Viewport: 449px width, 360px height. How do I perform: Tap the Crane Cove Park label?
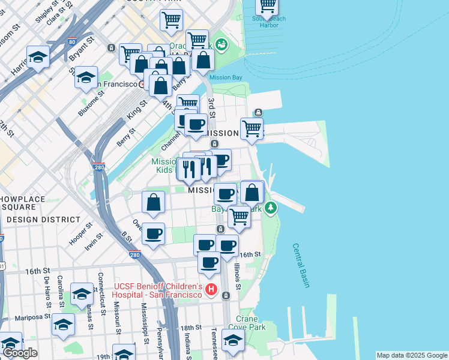(251, 323)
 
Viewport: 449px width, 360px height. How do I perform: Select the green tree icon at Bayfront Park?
(272, 208)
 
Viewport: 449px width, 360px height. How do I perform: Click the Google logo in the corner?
(20, 353)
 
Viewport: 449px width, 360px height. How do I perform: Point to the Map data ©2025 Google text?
(412, 355)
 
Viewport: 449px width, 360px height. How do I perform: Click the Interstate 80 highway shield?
(72, 43)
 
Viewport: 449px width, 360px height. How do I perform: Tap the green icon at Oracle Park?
(221, 44)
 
